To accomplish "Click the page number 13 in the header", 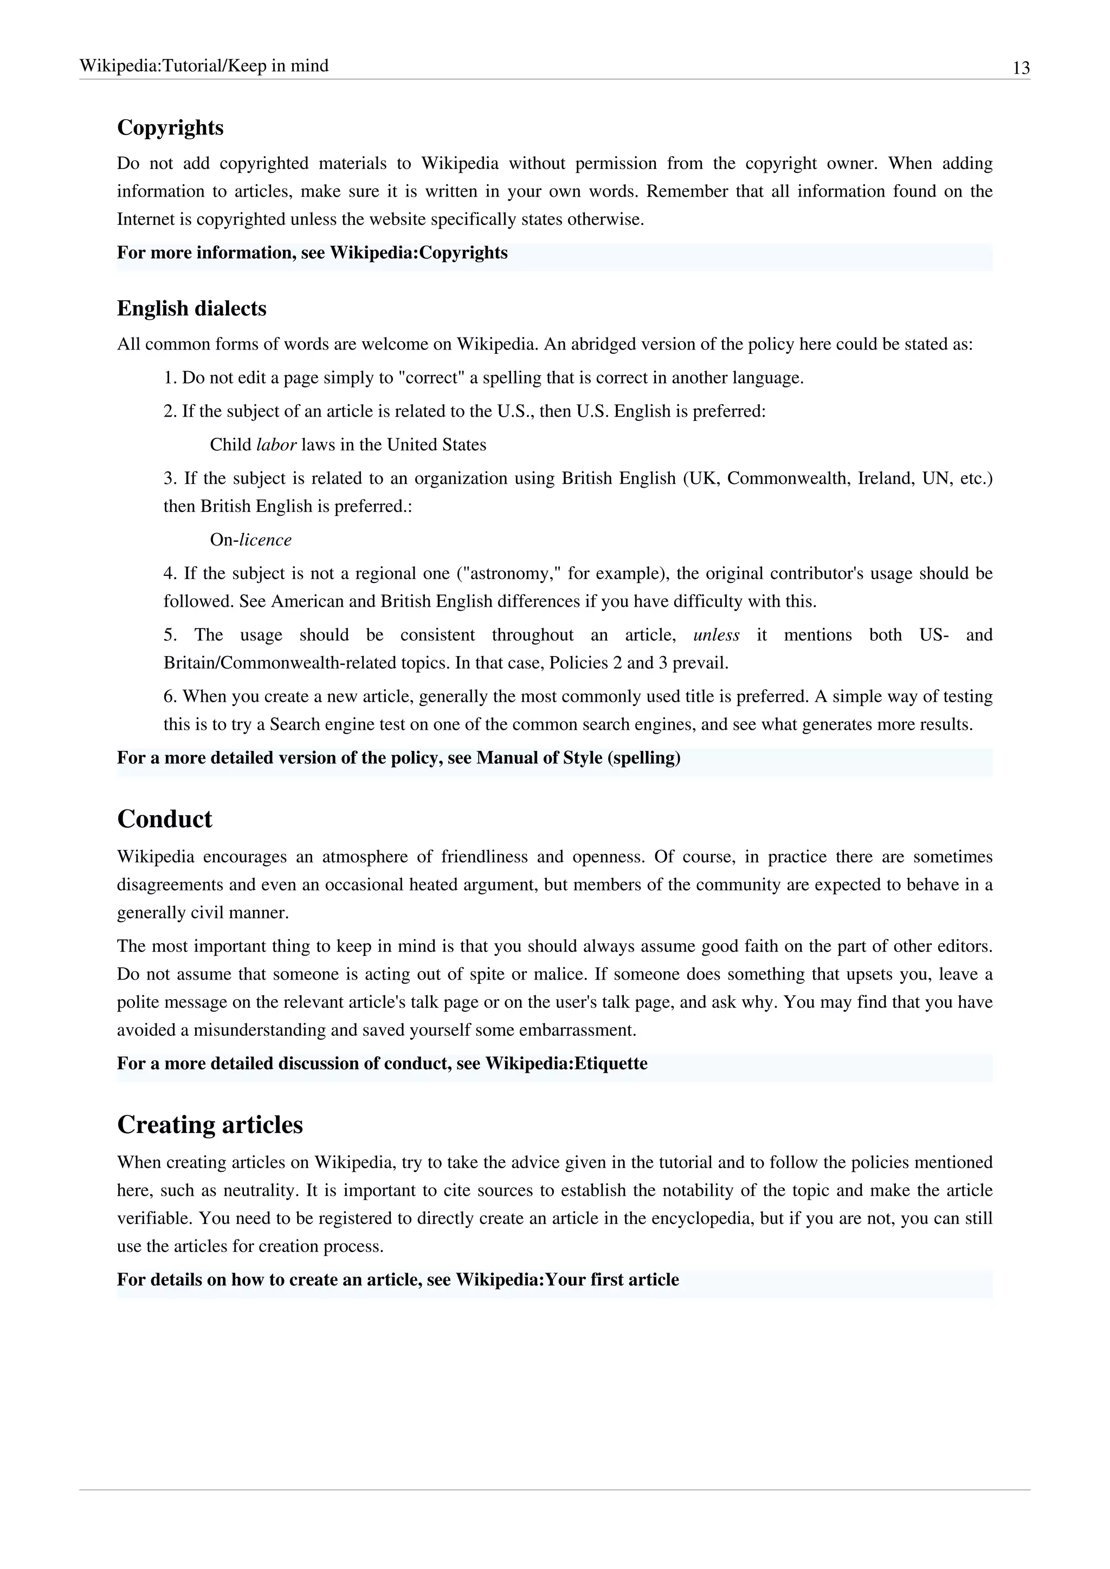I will [1021, 68].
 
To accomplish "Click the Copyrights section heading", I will [170, 128].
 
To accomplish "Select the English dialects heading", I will [191, 309].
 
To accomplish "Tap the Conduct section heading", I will [165, 819].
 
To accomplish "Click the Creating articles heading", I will [210, 1125].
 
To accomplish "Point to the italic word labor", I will [276, 445].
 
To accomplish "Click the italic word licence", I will [265, 540].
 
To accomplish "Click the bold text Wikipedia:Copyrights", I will [418, 253].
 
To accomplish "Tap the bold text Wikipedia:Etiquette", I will [566, 1064].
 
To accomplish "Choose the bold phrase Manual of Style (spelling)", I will [578, 758].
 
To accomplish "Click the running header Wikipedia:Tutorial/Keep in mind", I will [204, 66].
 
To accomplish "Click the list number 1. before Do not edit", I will [170, 378].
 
